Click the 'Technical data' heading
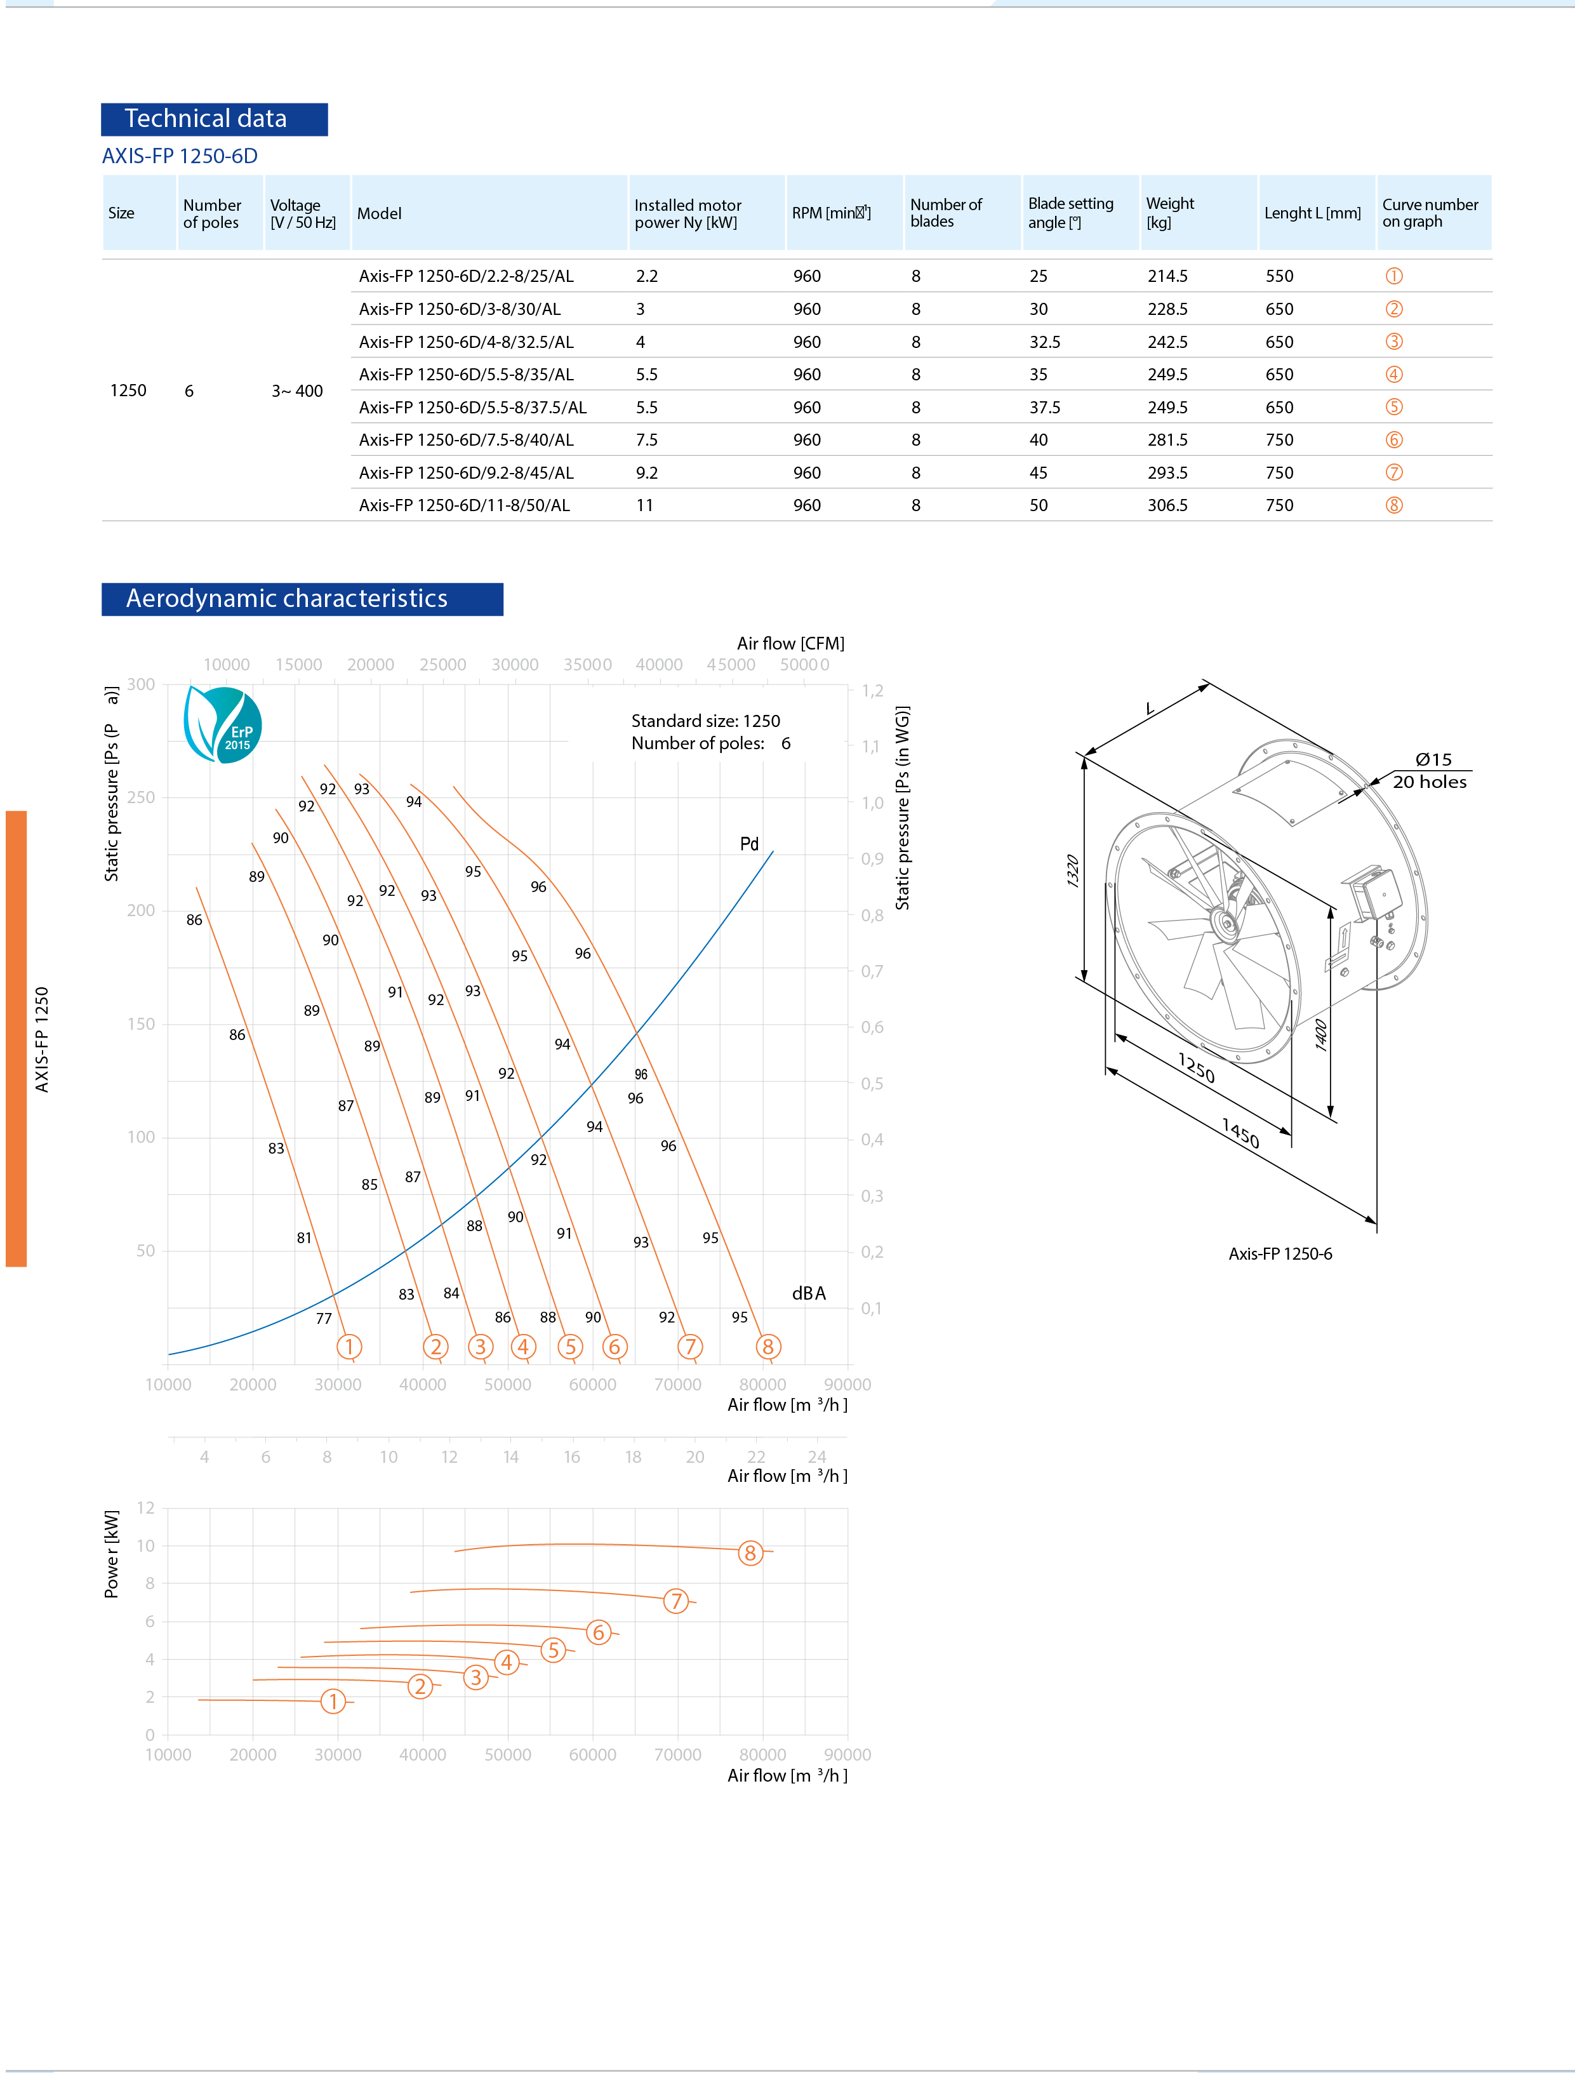(206, 119)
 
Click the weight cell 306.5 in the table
(1167, 505)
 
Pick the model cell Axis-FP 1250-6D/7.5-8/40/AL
(466, 440)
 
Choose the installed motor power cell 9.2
(647, 472)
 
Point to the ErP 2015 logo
(222, 724)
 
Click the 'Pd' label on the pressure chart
(749, 844)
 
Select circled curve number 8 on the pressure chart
(768, 1347)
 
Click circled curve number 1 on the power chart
(333, 1701)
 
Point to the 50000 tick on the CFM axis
(804, 665)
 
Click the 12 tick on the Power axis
(145, 1508)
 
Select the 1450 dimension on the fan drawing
(1240, 1133)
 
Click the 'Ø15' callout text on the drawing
(1433, 759)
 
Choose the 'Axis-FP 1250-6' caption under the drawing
(1280, 1253)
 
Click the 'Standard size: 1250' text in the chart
(705, 721)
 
